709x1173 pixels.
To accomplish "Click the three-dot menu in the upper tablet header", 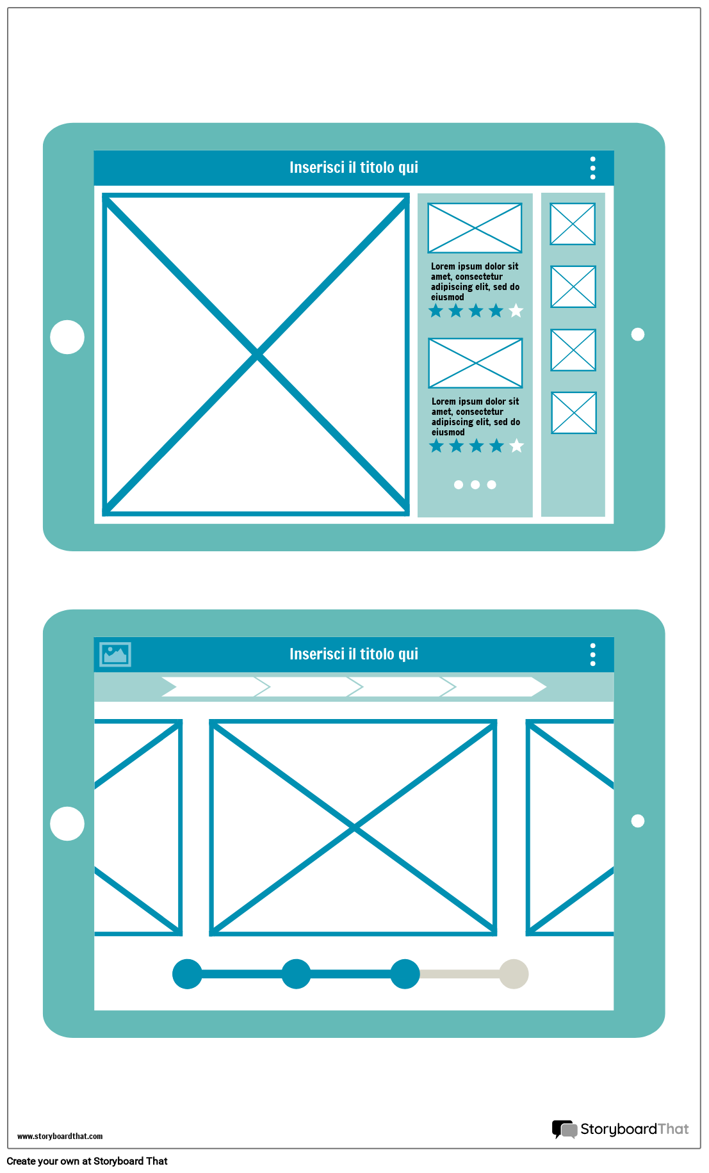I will tap(593, 168).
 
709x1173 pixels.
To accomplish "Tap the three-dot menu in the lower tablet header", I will tap(593, 654).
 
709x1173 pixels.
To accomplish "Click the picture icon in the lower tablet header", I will tap(115, 654).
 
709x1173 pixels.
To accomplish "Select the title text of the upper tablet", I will tap(354, 168).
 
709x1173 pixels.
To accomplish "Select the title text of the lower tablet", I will tap(354, 654).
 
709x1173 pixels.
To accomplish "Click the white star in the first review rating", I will tap(516, 311).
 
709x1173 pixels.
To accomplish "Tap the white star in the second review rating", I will tap(516, 446).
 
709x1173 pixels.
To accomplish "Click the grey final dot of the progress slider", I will tap(514, 974).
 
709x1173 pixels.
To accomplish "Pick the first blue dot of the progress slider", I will tap(187, 974).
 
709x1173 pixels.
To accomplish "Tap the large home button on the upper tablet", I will tap(67, 337).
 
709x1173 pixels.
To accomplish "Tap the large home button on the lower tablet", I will tap(67, 823).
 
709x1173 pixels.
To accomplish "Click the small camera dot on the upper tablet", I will tap(638, 334).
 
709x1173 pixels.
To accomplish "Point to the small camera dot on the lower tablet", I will tap(638, 821).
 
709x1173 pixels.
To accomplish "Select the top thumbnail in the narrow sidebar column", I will tap(573, 224).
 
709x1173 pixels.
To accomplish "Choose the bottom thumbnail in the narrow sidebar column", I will tap(574, 413).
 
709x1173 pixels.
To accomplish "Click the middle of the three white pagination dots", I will tap(475, 485).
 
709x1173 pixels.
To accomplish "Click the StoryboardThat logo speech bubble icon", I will tap(564, 1129).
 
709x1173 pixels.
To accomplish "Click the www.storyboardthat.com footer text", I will tap(60, 1137).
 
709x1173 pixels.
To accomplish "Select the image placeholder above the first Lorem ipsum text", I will tap(475, 228).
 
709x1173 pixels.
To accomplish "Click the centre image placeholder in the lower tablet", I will tap(354, 828).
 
